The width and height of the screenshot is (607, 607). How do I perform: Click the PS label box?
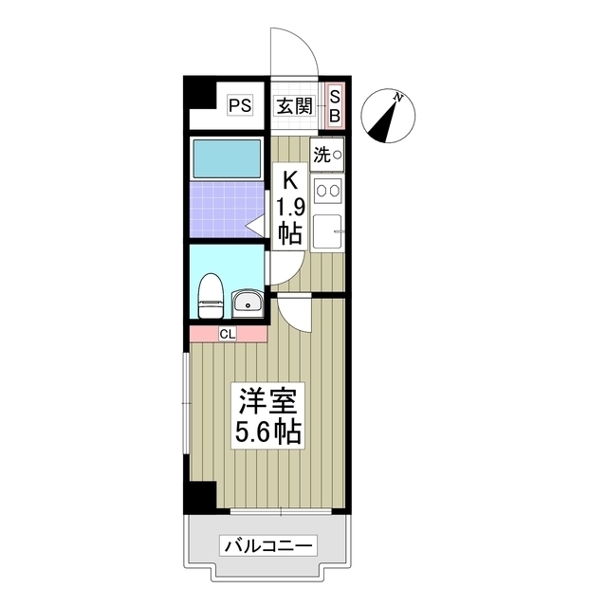click(240, 105)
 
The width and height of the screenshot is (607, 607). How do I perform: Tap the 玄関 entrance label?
click(294, 105)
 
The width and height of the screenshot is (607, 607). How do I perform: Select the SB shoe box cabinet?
click(334, 105)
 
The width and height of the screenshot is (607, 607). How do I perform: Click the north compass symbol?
click(388, 117)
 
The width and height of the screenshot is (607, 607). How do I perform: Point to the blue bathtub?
click(227, 158)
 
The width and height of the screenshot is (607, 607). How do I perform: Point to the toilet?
click(210, 295)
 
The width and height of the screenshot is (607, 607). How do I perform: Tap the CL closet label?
click(228, 333)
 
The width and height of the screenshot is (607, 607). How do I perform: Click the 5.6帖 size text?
click(267, 432)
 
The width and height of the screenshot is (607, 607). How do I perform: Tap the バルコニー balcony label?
click(268, 545)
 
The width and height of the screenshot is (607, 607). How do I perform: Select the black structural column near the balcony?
click(201, 497)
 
